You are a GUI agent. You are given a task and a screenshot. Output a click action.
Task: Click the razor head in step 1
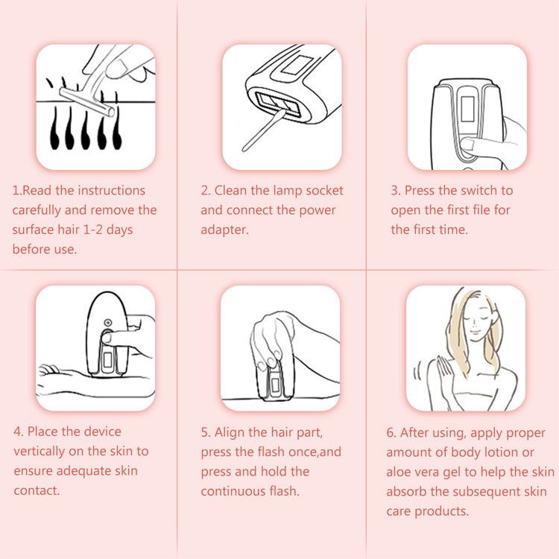87,101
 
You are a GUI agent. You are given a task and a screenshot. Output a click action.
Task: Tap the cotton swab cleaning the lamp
264,130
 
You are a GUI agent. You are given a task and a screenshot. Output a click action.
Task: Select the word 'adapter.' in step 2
224,230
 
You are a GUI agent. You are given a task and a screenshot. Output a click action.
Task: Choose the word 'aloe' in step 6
399,472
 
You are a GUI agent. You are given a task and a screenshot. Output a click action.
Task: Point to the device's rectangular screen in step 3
467,109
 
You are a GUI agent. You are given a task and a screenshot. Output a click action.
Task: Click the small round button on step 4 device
107,323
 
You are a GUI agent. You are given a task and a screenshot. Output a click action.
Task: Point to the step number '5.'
206,432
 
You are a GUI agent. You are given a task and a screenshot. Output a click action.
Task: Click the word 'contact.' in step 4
37,490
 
